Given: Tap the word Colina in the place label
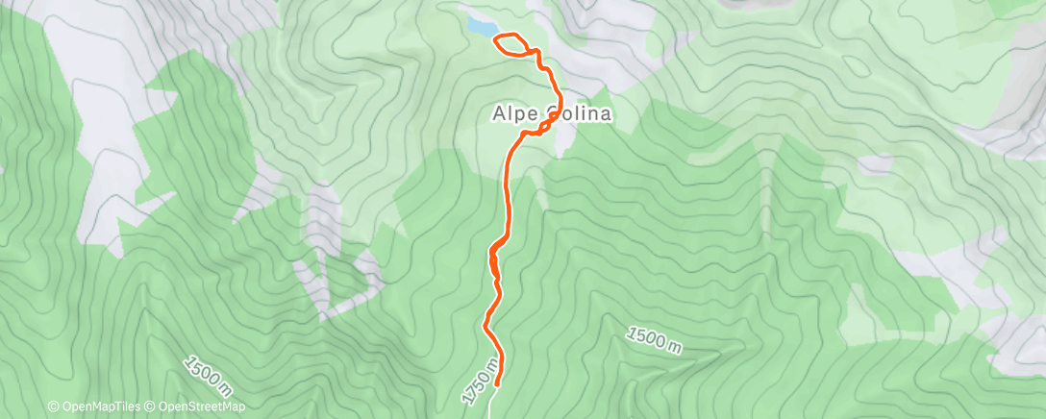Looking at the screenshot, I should coord(580,113).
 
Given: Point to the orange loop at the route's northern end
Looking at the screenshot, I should coord(511,44).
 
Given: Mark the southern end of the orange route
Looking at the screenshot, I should coord(498,384).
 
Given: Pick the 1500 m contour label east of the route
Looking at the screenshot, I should coord(654,340).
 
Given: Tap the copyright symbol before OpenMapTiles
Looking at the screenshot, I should coord(53,407).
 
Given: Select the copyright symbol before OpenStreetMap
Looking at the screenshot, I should coord(149,407).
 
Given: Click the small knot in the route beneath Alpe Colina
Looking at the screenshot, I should coord(544,129).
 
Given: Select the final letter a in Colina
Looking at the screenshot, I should coord(607,113).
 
